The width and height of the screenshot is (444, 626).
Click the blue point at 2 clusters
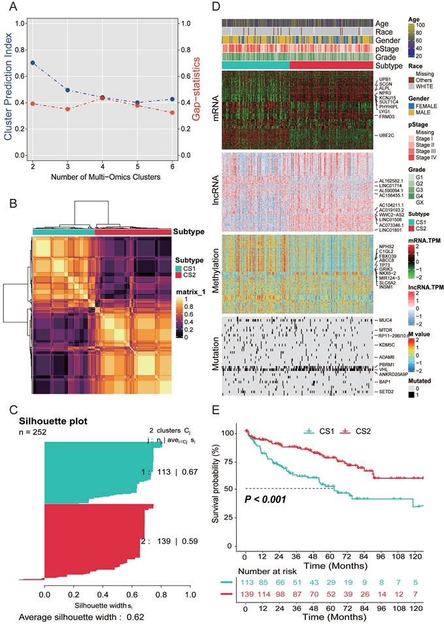tap(33, 63)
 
